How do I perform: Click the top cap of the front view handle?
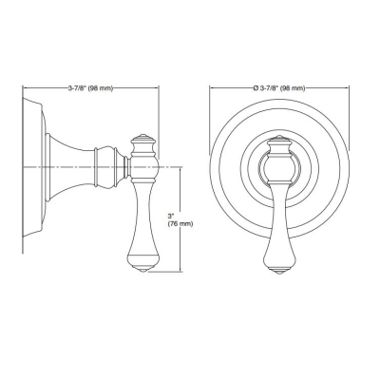point(279,142)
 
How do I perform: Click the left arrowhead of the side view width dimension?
point(23,88)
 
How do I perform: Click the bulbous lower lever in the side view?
point(143,237)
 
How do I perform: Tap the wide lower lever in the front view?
point(279,237)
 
